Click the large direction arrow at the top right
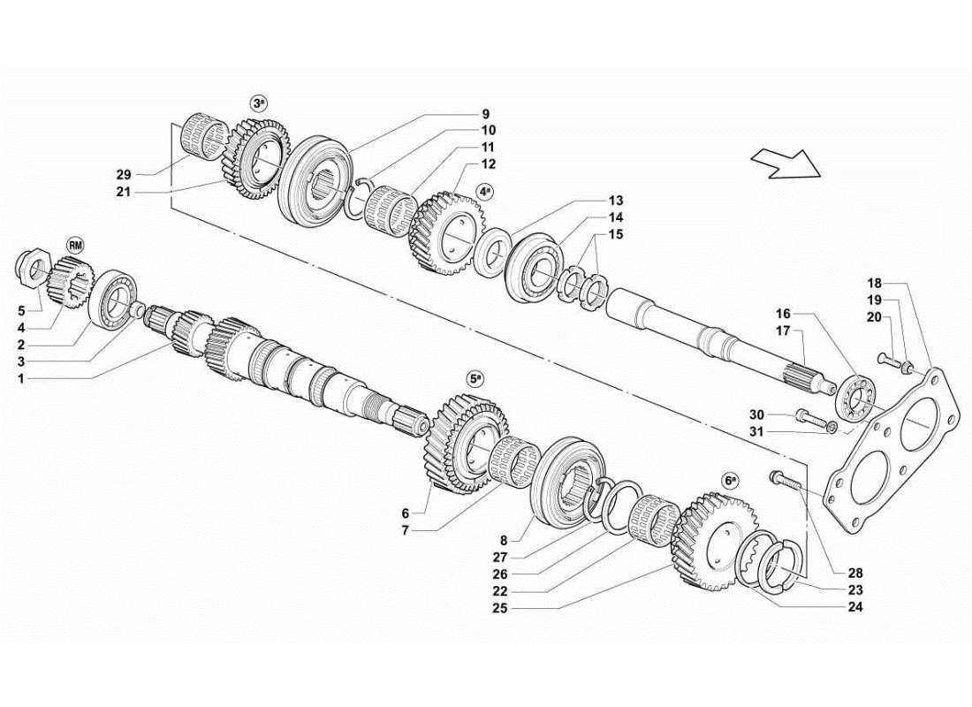(x=783, y=163)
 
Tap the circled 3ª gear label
(x=259, y=103)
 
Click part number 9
(x=485, y=114)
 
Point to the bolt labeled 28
(x=784, y=480)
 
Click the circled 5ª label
(x=475, y=378)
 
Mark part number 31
(x=756, y=431)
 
